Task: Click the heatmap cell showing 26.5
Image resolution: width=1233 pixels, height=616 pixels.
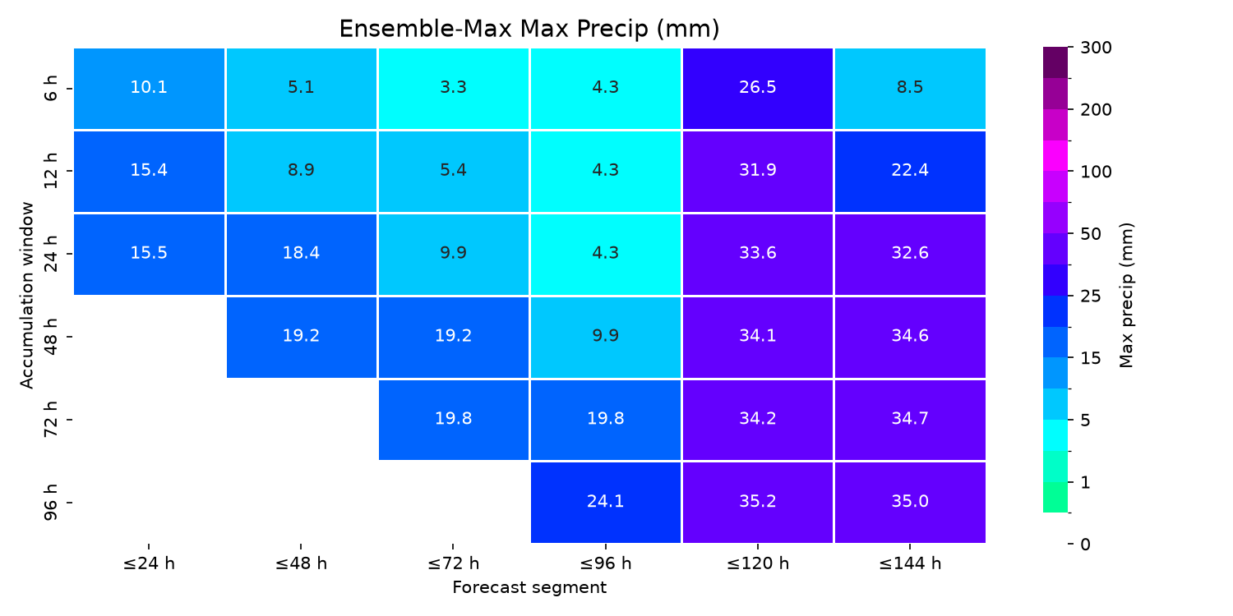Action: click(757, 89)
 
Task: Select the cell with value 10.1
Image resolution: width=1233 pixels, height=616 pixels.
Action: click(149, 89)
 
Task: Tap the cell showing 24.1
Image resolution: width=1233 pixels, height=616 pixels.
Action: click(606, 502)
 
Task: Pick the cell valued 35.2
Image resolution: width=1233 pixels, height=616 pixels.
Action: click(757, 502)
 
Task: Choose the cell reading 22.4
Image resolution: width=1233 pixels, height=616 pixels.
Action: click(910, 171)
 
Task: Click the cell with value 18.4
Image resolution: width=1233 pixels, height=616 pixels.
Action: click(301, 254)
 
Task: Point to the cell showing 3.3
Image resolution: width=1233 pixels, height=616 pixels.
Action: click(453, 89)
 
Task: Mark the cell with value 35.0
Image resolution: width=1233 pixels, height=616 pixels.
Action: click(910, 502)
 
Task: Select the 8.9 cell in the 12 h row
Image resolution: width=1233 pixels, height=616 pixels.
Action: click(301, 171)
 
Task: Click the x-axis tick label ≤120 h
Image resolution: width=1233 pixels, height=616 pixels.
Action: click(757, 563)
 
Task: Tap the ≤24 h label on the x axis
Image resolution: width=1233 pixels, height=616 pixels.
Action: click(149, 563)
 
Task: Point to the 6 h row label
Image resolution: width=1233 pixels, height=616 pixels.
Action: click(50, 89)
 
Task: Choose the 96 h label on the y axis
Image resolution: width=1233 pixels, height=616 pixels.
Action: click(50, 502)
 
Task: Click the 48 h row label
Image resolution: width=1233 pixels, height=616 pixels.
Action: click(50, 337)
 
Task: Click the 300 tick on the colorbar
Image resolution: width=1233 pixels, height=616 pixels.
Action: click(1096, 48)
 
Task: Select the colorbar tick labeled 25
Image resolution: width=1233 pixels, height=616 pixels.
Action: click(1091, 297)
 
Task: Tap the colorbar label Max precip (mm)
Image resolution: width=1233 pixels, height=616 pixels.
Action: click(1126, 296)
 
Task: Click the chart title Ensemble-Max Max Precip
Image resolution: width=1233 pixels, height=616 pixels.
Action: click(529, 29)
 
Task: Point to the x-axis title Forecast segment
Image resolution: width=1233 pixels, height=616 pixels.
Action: click(529, 587)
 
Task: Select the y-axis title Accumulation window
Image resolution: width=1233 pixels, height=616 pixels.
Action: click(26, 296)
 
